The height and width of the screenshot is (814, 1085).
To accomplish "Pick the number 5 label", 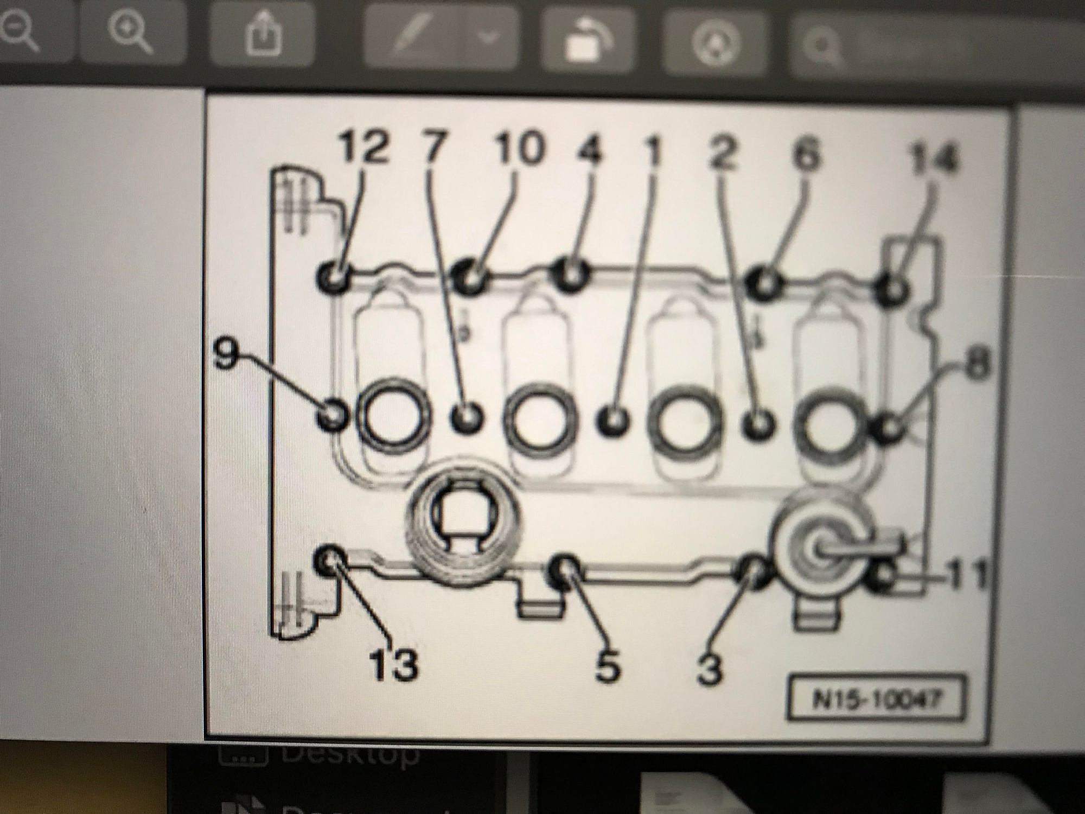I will pyautogui.click(x=607, y=666).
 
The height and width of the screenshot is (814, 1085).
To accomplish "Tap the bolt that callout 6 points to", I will pyautogui.click(x=764, y=282).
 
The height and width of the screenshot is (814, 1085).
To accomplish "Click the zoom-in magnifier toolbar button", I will pyautogui.click(x=129, y=34).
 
